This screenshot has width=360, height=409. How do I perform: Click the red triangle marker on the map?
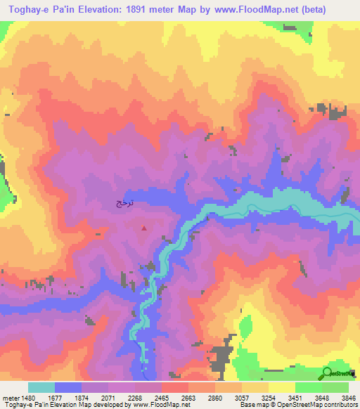coord(145,227)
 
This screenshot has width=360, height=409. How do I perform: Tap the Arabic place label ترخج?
coord(124,203)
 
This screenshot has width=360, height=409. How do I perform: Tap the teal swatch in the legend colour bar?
coord(41,387)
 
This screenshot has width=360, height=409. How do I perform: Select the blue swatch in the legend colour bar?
coord(68,387)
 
